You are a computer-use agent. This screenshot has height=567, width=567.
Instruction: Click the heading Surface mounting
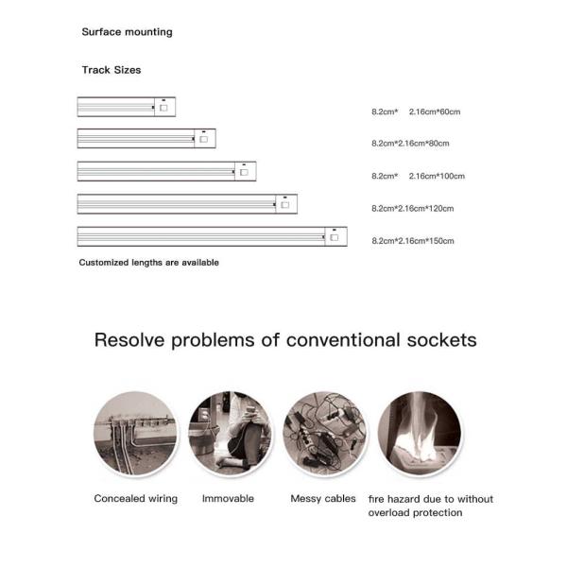127,32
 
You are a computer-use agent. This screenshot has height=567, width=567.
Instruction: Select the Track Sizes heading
112,70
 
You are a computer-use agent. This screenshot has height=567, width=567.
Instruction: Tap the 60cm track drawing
127,107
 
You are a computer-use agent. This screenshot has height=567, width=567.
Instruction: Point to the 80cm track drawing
146,139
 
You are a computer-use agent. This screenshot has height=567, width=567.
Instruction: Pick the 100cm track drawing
166,171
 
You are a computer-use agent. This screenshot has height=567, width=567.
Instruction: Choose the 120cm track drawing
187,203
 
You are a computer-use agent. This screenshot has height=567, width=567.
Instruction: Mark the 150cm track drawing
212,236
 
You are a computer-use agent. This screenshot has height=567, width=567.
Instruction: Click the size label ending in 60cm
416,112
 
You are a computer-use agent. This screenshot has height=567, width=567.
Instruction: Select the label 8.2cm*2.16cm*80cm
410,144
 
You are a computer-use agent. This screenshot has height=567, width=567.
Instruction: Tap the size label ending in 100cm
418,176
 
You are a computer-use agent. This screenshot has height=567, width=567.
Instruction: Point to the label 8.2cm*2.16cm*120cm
412,208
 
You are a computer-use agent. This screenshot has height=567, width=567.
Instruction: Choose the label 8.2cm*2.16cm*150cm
412,241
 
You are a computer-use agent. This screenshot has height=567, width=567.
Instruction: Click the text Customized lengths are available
148,263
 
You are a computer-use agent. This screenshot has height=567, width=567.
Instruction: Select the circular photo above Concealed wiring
135,433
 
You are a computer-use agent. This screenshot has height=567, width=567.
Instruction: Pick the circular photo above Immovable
230,433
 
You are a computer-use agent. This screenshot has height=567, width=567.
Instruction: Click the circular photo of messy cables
324,433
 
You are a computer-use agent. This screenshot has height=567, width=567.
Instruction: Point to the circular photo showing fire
419,433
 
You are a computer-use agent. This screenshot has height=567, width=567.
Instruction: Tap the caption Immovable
228,498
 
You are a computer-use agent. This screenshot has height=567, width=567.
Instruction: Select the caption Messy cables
324,498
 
